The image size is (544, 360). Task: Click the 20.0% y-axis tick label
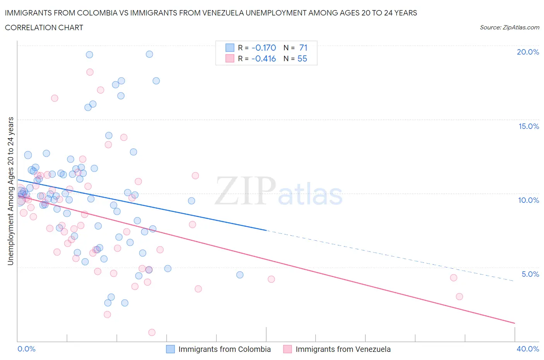click(x=528, y=52)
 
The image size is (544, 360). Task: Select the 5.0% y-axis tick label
click(x=530, y=274)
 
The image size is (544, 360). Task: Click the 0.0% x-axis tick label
click(x=26, y=349)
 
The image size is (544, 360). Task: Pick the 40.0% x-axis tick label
click(x=528, y=349)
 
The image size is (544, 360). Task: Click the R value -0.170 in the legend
click(x=263, y=48)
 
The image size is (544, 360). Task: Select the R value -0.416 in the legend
click(x=263, y=59)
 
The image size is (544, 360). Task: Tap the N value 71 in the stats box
click(x=303, y=48)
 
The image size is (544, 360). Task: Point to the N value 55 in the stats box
click(x=302, y=59)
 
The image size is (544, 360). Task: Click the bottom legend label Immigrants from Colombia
click(x=224, y=350)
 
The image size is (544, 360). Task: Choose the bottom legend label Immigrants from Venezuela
click(x=343, y=350)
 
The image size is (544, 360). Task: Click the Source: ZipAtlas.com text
click(x=509, y=27)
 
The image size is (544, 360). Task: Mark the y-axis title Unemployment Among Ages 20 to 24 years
click(x=11, y=191)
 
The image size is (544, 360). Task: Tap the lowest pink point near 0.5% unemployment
click(x=152, y=333)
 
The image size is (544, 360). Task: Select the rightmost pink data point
click(x=459, y=297)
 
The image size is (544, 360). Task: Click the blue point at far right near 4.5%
click(x=240, y=275)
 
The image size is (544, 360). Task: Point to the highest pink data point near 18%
click(x=90, y=72)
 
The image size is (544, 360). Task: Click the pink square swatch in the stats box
click(x=230, y=59)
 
